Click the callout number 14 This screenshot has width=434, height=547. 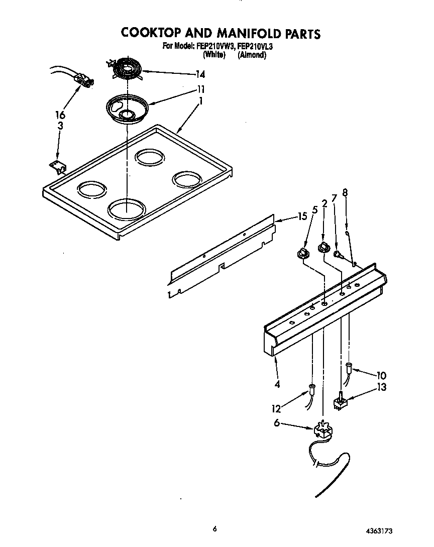pos(200,75)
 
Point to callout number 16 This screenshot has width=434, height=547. pos(60,115)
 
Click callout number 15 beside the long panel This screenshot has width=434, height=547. pos(301,217)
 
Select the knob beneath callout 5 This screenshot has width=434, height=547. pos(302,253)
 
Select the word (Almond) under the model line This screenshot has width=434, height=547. pos(252,55)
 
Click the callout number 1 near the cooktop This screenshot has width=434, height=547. pos(201,101)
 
